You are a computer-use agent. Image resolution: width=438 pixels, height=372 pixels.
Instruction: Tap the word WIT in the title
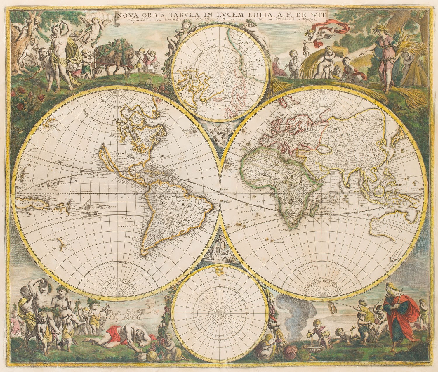(x=320, y=14)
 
